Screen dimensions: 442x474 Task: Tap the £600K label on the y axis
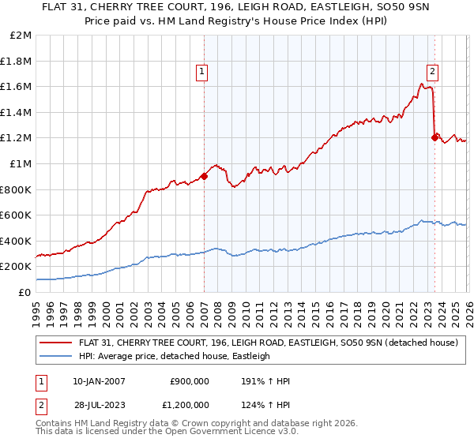(x=17, y=215)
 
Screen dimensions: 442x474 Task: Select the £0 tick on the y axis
(x=24, y=292)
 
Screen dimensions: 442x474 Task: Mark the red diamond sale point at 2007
(x=204, y=177)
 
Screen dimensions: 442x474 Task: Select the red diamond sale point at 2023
(x=434, y=138)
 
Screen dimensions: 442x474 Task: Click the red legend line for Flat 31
(x=55, y=343)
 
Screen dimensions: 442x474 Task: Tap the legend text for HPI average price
(x=175, y=356)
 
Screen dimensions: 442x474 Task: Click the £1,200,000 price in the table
(x=190, y=406)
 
